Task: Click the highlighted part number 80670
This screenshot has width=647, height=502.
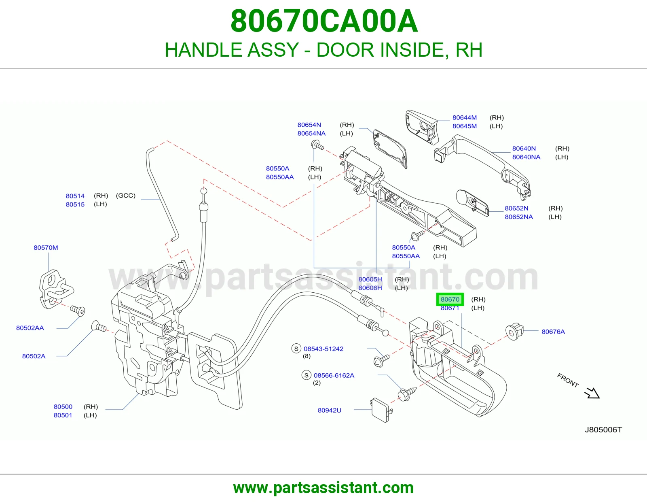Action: [450, 299]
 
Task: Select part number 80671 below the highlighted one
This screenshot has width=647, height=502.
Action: [450, 308]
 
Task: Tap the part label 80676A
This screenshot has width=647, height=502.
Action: [553, 332]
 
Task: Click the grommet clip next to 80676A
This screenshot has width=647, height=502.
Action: [514, 332]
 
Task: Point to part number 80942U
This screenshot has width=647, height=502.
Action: [329, 410]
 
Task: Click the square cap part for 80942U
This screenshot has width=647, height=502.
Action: [381, 410]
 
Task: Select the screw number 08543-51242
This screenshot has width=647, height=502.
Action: [323, 349]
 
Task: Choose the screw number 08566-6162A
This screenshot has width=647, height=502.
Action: [334, 375]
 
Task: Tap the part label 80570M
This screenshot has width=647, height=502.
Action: [46, 247]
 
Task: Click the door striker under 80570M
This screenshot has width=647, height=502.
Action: [56, 289]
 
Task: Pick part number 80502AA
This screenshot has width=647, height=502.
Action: [30, 328]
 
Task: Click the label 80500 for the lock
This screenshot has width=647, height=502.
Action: [63, 406]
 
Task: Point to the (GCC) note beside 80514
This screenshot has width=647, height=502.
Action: [126, 196]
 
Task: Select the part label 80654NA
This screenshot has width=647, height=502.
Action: [311, 133]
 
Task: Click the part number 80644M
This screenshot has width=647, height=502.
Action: [465, 117]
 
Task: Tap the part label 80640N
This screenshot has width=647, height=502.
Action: [524, 149]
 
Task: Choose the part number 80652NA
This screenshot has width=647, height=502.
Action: [519, 217]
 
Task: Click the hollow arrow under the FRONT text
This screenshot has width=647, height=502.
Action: [592, 393]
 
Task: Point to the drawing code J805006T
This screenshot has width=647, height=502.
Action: [603, 430]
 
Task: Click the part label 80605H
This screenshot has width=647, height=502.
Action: [370, 279]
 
